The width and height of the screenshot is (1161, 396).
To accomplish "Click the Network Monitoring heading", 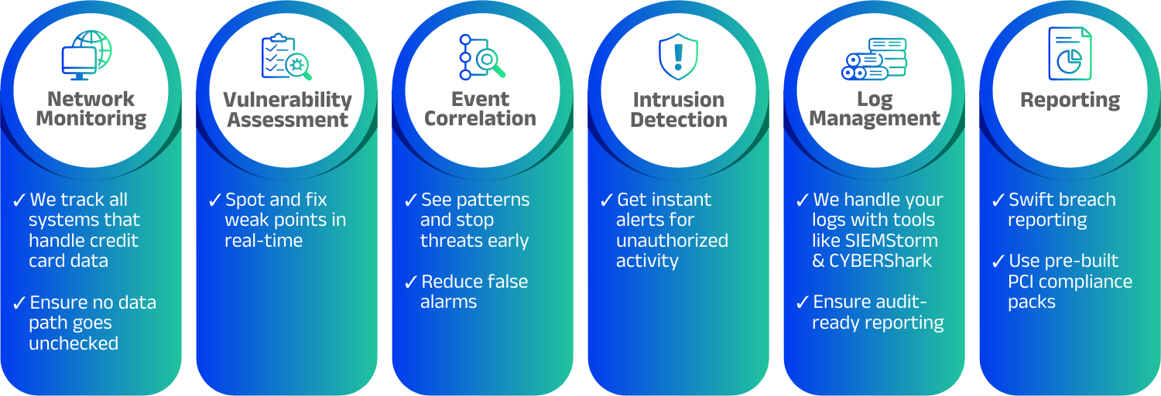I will (91, 109).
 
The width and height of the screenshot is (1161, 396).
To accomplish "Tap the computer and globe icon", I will (87, 54).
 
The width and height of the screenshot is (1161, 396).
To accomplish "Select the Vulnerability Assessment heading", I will (287, 110).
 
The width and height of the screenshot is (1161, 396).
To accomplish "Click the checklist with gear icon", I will (286, 56).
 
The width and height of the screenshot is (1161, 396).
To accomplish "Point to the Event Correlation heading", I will (480, 109).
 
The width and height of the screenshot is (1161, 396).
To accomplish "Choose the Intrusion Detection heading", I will (678, 110).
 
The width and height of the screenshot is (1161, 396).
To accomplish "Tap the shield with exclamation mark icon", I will (678, 56).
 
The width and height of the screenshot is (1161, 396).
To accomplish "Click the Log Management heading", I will (875, 109).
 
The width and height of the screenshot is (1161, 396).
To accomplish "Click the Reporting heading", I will (1070, 100).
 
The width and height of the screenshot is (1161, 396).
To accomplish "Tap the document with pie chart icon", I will (1070, 53).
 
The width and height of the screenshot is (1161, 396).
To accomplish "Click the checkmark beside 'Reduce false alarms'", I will (411, 282).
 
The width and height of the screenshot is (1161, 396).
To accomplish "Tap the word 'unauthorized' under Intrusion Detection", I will (672, 241).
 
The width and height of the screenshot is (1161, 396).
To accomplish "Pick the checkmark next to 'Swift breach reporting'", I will (998, 200).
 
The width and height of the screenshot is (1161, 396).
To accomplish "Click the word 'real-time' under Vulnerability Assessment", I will (263, 241).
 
